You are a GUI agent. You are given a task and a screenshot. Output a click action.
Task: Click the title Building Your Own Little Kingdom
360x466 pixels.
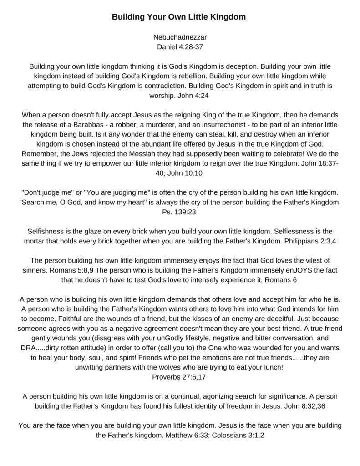click(179, 17)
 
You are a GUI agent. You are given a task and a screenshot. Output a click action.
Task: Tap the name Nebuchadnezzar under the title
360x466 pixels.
click(179, 37)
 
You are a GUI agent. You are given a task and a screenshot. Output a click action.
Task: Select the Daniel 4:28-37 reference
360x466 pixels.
click(179, 46)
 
